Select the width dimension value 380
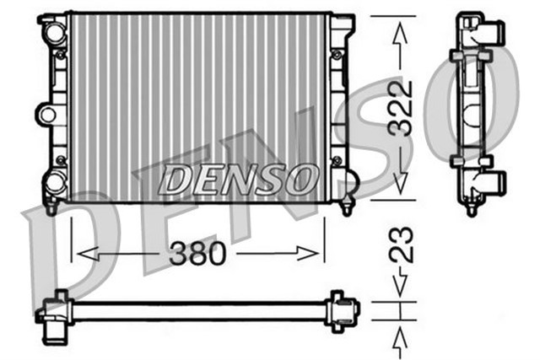197,252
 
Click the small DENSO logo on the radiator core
238,178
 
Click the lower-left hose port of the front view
55,180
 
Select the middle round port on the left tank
47,113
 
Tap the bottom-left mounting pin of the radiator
53,205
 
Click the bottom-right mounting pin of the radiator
348,205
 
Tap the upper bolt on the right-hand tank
337,55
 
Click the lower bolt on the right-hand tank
337,159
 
